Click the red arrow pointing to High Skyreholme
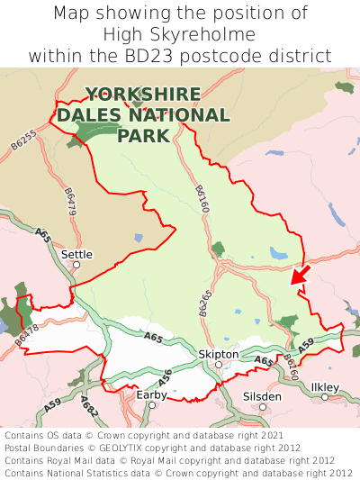[x=300, y=274]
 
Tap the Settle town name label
[x=76, y=254]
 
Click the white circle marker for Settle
[x=76, y=265]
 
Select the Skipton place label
[x=218, y=354]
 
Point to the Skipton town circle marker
[x=218, y=365]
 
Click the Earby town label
[x=151, y=394]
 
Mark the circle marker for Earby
[x=152, y=405]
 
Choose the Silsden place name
[x=262, y=396]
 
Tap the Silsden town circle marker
[x=263, y=407]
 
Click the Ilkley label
[x=324, y=387]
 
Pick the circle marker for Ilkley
[x=325, y=397]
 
